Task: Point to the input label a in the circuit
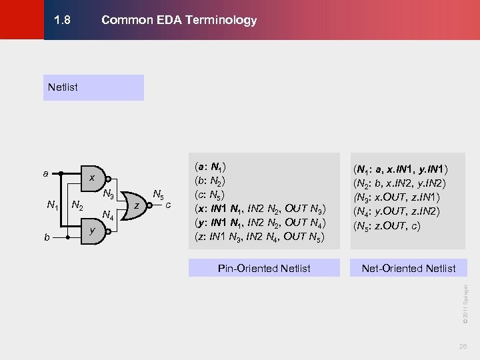[45, 173]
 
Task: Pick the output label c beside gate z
[169, 205]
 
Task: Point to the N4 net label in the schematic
[107, 215]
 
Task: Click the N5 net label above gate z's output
[158, 195]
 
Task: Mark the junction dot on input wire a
[61, 173]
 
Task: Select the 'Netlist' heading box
[93, 87]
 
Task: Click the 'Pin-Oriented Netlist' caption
[264, 268]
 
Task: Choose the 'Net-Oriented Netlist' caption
[408, 268]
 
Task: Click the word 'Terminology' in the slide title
[224, 20]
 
